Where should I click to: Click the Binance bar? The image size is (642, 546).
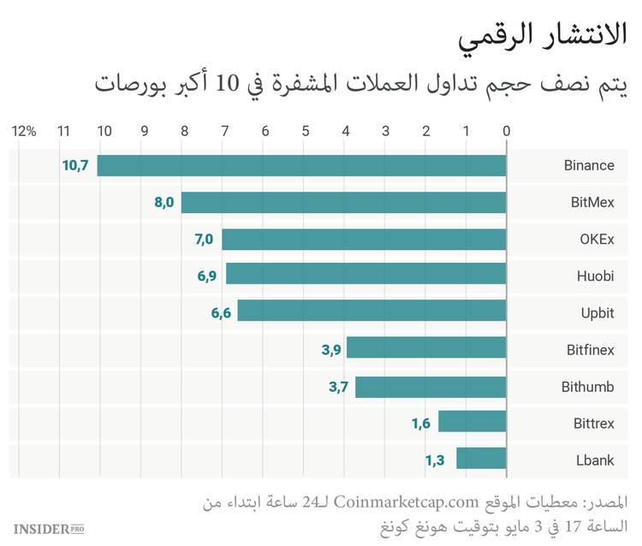pos(301,165)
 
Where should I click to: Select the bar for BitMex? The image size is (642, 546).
pos(343,203)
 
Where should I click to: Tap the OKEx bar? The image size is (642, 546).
pos(364,240)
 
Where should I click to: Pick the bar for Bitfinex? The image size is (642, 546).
pos(426,349)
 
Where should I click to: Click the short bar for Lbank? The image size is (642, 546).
pos(481,460)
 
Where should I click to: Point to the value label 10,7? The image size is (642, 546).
pos(75,165)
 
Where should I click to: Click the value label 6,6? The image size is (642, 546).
pos(221,312)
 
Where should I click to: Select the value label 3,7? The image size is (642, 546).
pos(338,387)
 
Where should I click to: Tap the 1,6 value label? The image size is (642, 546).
pos(421,423)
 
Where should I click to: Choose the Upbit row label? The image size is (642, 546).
pos(597,313)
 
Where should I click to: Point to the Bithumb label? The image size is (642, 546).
pos(587,387)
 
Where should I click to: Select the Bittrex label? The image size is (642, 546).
pos(593,423)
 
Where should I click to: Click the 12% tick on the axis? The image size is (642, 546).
pos(24,131)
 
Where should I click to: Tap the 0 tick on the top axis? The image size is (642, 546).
pos(506,131)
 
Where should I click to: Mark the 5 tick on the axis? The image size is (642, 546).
pos(306,131)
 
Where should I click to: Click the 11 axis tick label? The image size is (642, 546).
pos(63,131)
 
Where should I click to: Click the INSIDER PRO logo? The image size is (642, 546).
pos(49,528)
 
